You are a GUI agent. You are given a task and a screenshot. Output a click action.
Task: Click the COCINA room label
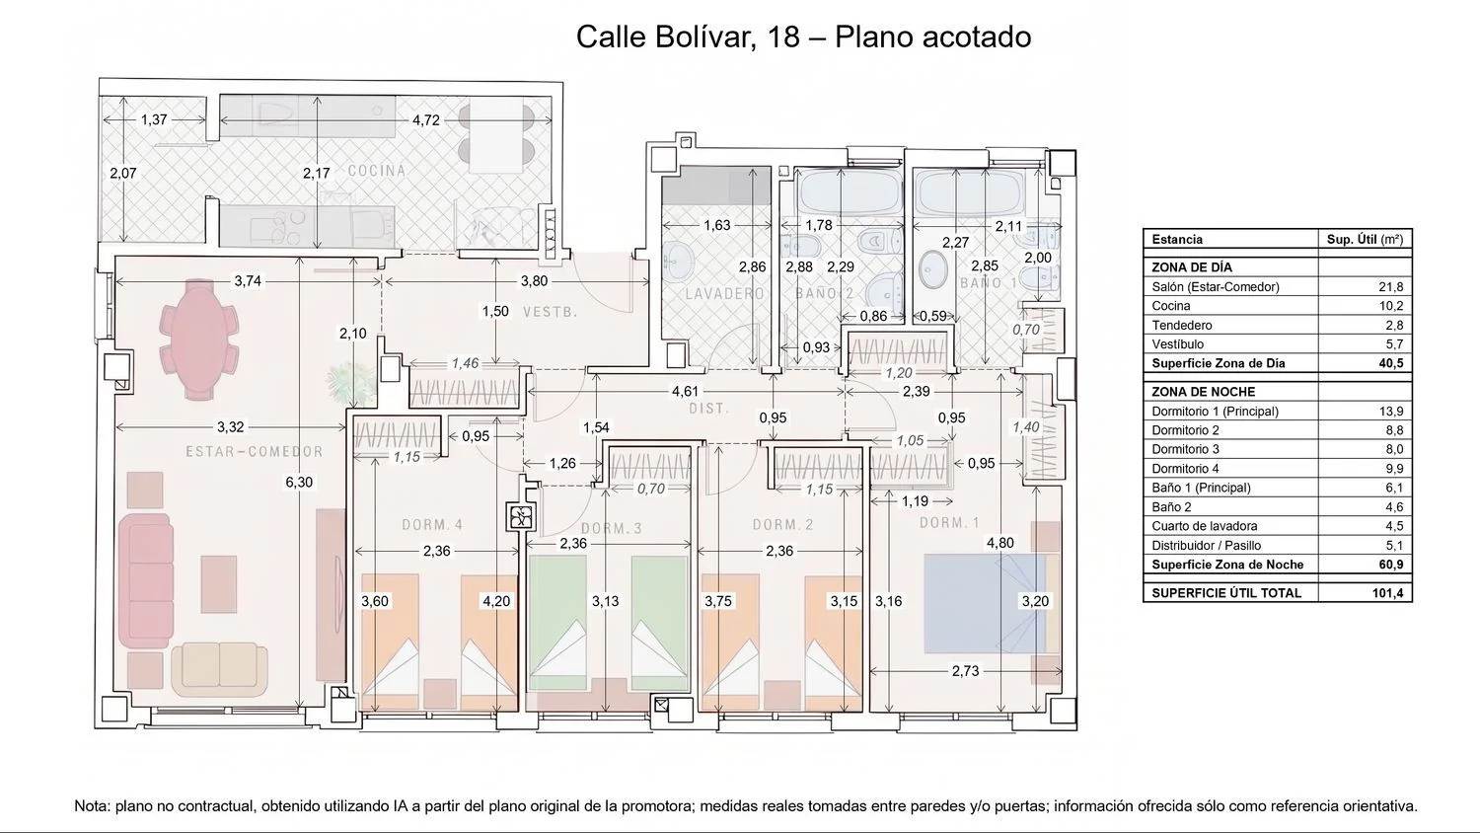tap(377, 171)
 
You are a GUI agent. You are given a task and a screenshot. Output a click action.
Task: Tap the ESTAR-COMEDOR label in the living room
tap(255, 452)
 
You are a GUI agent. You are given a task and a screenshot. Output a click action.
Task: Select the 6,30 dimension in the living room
tap(299, 482)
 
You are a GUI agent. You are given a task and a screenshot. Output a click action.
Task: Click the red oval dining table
tap(199, 340)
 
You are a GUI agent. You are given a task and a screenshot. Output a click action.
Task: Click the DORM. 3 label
tap(611, 528)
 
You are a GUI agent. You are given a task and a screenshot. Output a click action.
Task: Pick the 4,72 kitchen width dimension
tap(425, 120)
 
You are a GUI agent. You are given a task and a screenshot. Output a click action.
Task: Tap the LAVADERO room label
tap(725, 293)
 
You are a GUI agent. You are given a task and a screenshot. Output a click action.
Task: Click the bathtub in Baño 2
tap(850, 190)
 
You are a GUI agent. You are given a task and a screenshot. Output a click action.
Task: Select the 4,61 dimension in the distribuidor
tap(685, 392)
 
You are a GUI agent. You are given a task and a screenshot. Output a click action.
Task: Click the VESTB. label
tap(551, 312)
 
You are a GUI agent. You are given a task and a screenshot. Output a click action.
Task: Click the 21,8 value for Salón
tap(1391, 287)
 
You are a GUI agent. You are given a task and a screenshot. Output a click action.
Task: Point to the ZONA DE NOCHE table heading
tap(1203, 392)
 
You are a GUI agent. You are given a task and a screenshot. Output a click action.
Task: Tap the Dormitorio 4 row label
tap(1185, 469)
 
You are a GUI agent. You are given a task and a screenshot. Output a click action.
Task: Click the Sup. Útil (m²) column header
tap(1365, 239)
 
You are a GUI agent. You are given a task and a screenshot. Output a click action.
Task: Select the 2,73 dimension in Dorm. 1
tap(965, 671)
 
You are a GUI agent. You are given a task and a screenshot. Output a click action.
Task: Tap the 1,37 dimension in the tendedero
tap(154, 119)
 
